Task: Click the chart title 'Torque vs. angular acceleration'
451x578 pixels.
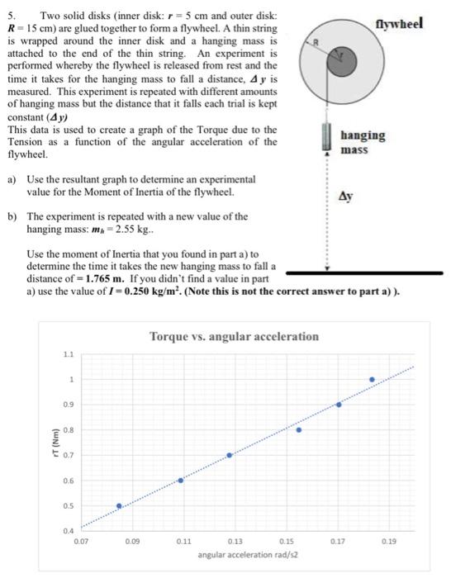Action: coord(234,336)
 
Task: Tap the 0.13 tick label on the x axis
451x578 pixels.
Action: coord(235,542)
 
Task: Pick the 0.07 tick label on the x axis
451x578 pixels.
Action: coord(80,542)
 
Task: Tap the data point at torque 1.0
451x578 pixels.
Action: coord(372,379)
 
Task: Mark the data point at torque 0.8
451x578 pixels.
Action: coord(299,429)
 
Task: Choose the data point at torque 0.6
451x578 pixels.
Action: coord(181,480)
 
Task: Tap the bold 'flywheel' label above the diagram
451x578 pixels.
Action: coord(399,23)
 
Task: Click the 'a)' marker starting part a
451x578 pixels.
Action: coord(11,179)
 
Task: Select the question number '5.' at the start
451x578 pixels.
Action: coord(11,18)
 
